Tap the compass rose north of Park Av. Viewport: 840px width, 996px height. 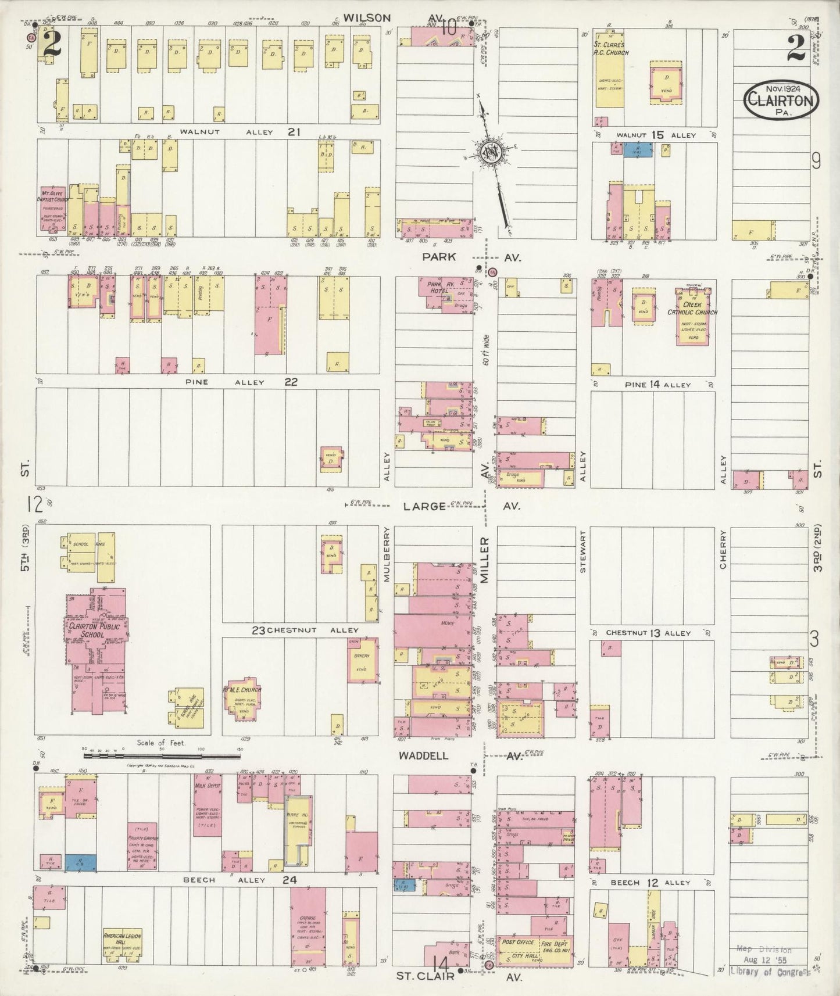pyautogui.click(x=491, y=152)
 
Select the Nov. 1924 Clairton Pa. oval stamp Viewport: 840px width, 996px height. pyautogui.click(x=781, y=100)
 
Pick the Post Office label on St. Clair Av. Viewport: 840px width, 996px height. pyautogui.click(x=517, y=942)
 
